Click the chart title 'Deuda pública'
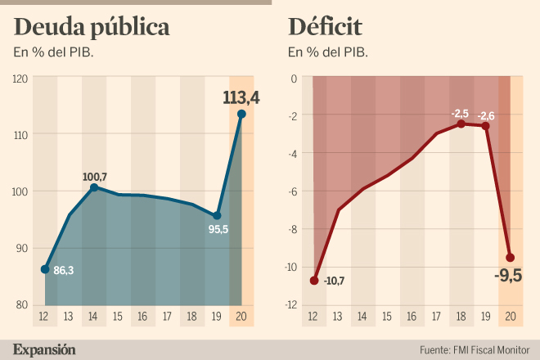(92, 28)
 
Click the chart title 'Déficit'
(326, 27)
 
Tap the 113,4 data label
(241, 97)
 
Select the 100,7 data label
(96, 176)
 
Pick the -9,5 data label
(509, 275)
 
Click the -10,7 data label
(335, 281)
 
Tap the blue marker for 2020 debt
(241, 114)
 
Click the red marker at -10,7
(314, 281)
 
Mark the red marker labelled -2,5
(461, 124)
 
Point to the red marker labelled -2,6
(486, 126)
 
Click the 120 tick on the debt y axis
(20, 79)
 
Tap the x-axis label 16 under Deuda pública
(143, 317)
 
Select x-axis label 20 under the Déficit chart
(511, 317)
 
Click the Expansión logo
(45, 349)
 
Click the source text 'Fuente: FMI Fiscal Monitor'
(473, 350)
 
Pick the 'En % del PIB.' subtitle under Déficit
(327, 53)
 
